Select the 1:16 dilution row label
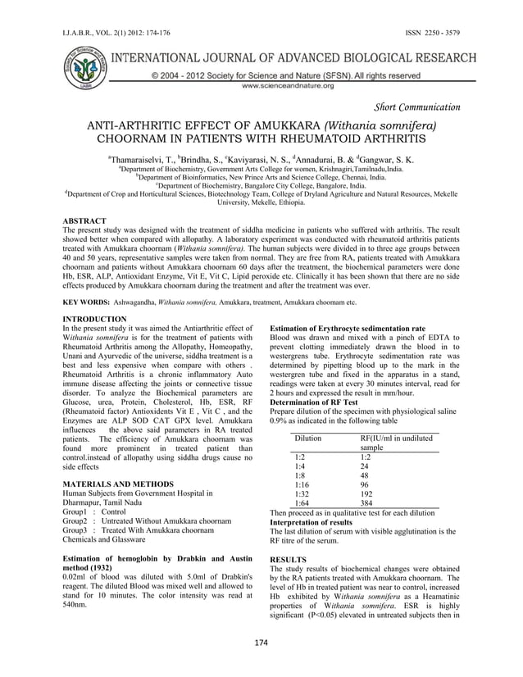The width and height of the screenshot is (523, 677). point(302,484)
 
